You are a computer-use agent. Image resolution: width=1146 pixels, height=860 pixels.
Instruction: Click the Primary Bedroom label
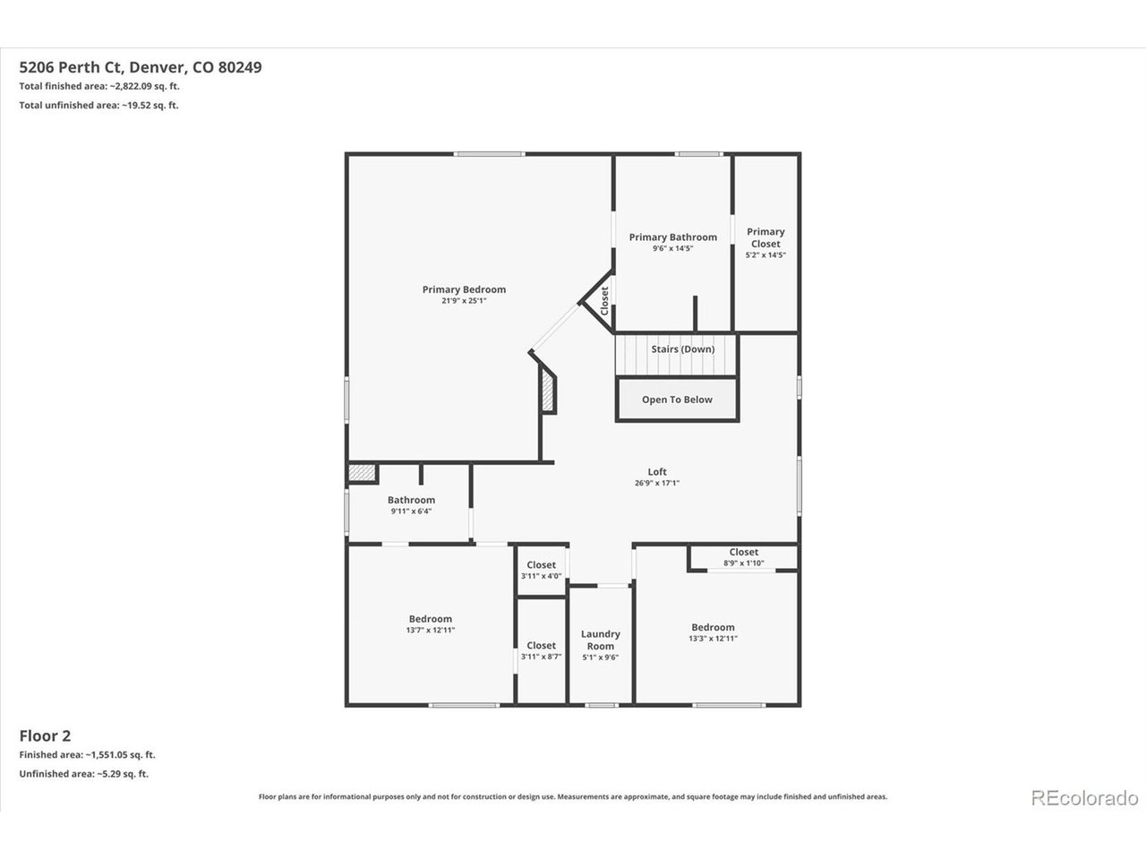[x=464, y=289]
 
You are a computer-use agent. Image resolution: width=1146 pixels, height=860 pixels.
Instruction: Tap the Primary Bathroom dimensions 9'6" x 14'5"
[x=672, y=248]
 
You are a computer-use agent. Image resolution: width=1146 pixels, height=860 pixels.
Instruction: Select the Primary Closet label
[x=765, y=237]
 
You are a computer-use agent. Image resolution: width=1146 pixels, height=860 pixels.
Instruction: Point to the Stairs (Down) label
[x=683, y=348]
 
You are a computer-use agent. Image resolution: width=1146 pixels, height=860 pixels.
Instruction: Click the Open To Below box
[x=677, y=400]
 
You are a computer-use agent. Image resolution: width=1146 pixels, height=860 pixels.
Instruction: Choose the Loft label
[x=657, y=471]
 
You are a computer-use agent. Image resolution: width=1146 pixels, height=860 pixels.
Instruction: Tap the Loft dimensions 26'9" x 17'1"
[x=657, y=483]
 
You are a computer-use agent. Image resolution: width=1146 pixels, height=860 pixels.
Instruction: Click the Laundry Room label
[x=601, y=640]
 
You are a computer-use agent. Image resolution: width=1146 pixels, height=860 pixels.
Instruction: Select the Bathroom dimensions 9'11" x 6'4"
[x=412, y=512]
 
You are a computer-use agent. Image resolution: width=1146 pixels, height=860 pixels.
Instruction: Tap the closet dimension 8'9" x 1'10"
[x=743, y=563]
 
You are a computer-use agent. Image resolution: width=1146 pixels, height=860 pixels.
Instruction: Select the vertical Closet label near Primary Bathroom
[x=604, y=301]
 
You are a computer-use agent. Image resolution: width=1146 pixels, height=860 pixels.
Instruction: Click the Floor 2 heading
[x=45, y=735]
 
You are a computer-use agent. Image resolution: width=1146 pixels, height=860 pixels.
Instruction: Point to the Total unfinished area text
[x=98, y=105]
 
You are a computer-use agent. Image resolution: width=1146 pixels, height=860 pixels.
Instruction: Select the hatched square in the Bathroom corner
[x=362, y=473]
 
